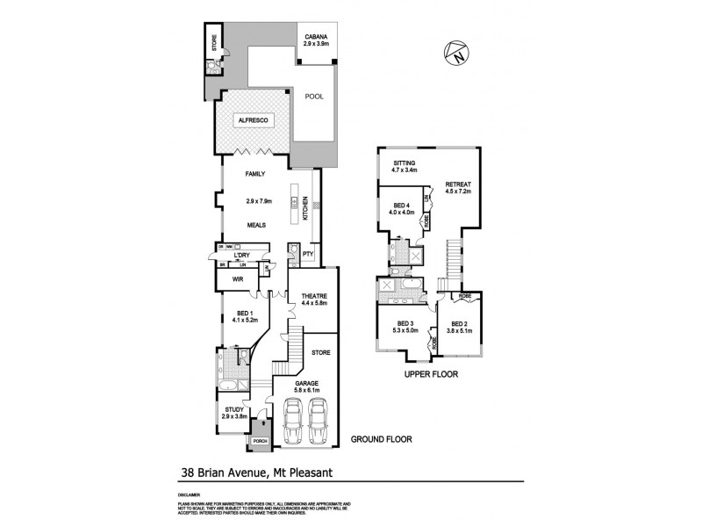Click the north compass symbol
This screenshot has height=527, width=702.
coord(455,54)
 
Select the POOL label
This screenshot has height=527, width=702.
coord(314,98)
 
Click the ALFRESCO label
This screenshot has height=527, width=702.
coord(253,119)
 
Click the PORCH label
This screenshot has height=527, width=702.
coord(259,441)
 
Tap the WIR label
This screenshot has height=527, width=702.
coord(237,278)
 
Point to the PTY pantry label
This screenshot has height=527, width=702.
coord(307,255)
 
